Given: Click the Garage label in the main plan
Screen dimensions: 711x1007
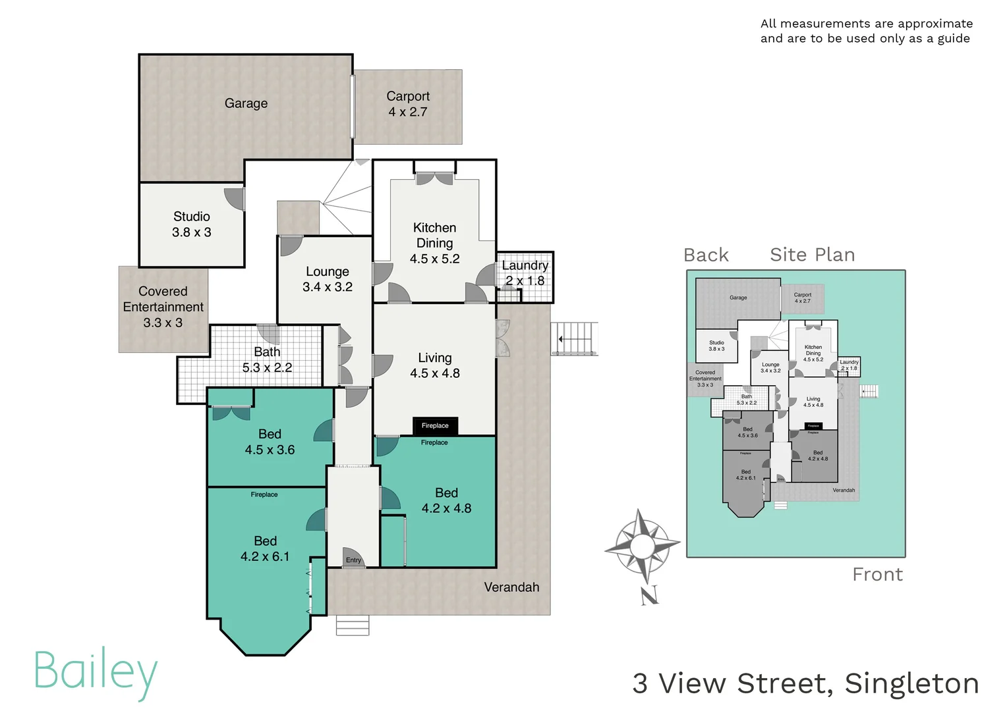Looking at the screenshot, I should click(246, 103).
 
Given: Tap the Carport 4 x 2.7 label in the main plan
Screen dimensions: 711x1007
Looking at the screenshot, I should click(408, 104).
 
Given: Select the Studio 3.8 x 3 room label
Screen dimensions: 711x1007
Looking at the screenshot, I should click(192, 224).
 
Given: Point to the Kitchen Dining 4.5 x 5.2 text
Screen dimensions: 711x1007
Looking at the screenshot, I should click(434, 243).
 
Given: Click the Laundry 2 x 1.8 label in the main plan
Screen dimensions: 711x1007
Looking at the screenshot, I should click(525, 273).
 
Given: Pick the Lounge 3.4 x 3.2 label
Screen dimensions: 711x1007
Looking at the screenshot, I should click(328, 279).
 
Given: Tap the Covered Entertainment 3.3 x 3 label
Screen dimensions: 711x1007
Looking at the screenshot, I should click(163, 307).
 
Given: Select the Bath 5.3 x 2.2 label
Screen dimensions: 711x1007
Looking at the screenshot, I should click(267, 359).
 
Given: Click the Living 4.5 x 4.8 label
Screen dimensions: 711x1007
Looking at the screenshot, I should click(435, 365).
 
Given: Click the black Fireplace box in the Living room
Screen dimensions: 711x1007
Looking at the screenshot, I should click(435, 426).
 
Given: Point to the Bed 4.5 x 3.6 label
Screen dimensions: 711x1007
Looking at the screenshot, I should click(270, 442).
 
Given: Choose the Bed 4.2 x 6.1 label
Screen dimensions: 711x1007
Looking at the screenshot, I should click(265, 548).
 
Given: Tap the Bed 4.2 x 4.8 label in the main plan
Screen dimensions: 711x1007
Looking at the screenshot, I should click(446, 500).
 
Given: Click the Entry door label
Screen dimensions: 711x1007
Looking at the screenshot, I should click(354, 560).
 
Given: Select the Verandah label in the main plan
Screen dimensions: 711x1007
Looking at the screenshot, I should click(511, 587).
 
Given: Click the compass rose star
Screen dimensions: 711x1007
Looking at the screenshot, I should click(642, 546).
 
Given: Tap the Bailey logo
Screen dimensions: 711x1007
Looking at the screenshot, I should click(96, 671).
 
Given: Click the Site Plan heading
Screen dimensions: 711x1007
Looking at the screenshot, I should click(812, 255).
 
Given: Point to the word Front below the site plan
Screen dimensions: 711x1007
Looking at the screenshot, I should click(877, 575).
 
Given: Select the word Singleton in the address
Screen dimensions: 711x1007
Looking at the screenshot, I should click(911, 683).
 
